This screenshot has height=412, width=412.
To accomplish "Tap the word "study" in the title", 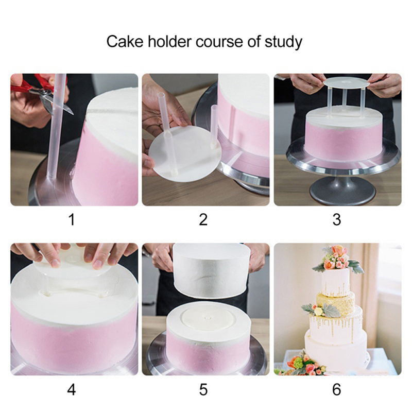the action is tap(284, 42).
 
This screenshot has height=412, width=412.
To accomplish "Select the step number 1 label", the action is tap(72, 219).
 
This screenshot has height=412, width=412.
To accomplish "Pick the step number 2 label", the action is tap(203, 219).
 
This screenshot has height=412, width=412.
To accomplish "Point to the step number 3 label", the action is tap(337, 219).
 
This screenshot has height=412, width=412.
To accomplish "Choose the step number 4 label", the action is tap(72, 389).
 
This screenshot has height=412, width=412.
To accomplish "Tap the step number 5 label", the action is tap(203, 389).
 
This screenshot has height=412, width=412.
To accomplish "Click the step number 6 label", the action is tap(337, 389).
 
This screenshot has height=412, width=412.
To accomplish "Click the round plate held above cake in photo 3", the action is tap(346, 83).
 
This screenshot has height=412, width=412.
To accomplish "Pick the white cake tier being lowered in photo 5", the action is tap(211, 271).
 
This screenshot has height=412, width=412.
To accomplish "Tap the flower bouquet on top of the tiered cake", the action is tap(337, 260).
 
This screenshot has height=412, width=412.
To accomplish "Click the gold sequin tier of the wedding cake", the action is tap(336, 303).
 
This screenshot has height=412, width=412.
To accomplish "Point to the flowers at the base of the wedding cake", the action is tap(302, 363).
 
